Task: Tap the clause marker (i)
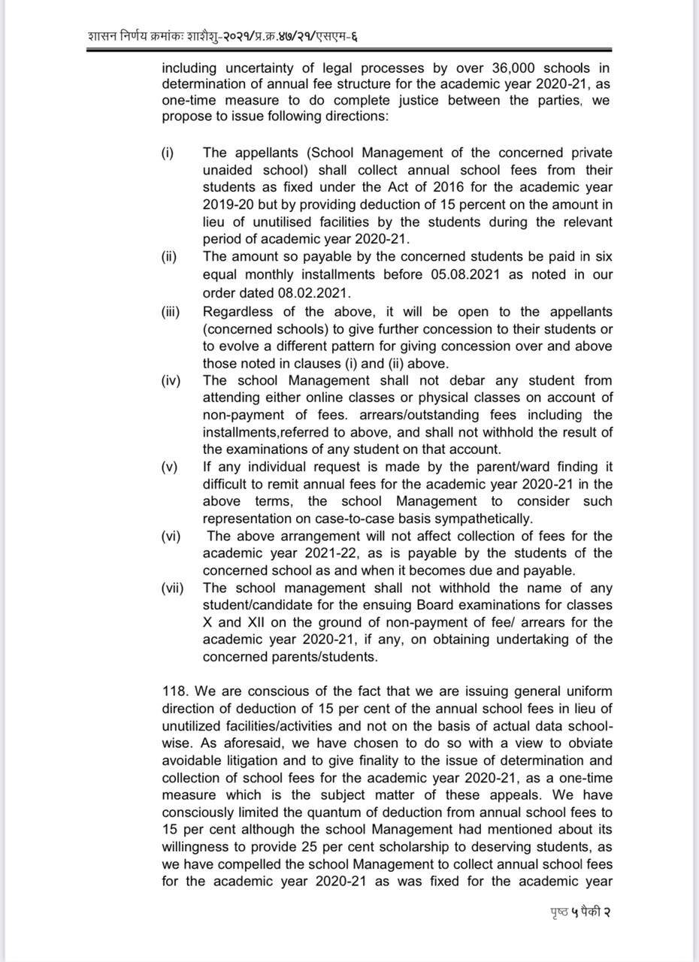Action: [168, 153]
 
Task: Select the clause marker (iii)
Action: [171, 311]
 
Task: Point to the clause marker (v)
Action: [169, 467]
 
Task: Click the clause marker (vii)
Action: [172, 588]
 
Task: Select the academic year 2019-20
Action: [231, 204]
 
